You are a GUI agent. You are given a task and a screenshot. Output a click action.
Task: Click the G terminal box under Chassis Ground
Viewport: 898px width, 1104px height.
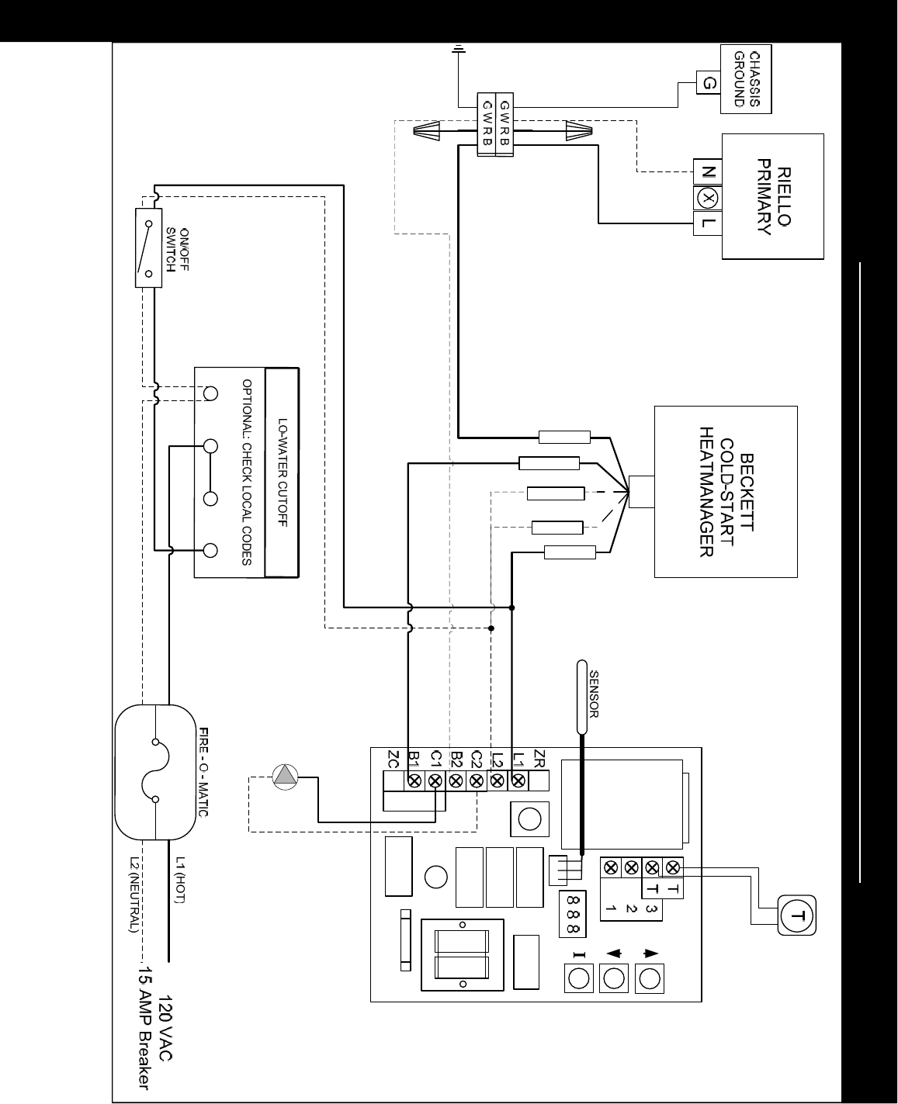coord(709,83)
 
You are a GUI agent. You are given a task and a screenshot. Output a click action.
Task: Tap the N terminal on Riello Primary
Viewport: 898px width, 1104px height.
coord(708,171)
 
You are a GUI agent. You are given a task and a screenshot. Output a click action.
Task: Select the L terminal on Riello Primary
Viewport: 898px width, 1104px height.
coord(708,223)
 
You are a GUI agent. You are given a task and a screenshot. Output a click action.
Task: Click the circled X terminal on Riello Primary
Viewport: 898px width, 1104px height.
coord(708,198)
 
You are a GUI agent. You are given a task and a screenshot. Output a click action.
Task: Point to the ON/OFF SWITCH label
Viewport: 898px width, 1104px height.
coord(177,250)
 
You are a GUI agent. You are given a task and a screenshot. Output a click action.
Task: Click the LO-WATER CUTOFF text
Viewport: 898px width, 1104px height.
coord(283,472)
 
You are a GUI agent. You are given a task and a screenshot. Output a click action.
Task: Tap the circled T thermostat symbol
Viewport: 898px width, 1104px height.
coord(797,915)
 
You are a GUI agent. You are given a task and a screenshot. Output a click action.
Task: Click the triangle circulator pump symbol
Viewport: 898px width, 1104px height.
coord(285,777)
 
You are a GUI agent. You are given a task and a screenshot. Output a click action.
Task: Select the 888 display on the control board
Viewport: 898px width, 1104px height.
coord(572,914)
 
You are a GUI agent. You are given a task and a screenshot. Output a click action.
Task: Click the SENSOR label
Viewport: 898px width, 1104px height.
coord(595,694)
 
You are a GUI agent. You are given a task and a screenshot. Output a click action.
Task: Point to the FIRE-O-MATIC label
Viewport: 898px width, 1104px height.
coord(204,772)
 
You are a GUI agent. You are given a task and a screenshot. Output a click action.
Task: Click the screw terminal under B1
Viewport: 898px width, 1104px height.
coord(414,780)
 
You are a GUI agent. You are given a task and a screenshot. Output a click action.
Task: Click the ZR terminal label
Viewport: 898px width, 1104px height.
coord(539,759)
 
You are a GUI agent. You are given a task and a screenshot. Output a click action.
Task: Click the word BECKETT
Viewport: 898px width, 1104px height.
coord(746,492)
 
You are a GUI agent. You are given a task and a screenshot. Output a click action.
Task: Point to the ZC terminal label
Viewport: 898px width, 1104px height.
coord(393,760)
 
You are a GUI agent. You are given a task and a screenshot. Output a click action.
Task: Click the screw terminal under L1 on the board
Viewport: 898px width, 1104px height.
coord(518,780)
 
